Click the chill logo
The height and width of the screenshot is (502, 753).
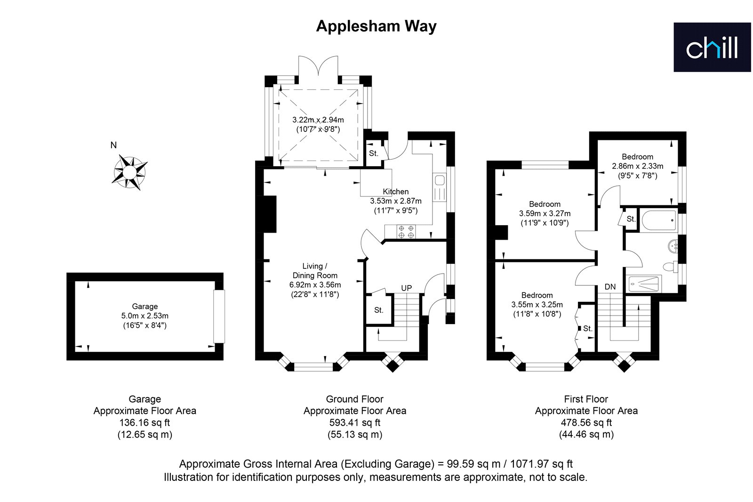(x=712, y=47)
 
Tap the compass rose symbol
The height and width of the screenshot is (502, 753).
(x=129, y=172)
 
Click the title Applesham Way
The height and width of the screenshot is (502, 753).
(x=376, y=26)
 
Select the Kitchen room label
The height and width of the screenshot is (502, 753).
(x=396, y=192)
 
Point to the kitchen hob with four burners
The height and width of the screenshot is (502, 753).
(x=406, y=232)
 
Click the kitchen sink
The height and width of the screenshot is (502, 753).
(x=440, y=187)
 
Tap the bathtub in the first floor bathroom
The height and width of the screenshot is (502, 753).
(x=658, y=220)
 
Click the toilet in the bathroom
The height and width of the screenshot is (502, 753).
(x=671, y=267)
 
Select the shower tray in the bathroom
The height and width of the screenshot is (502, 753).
(x=644, y=283)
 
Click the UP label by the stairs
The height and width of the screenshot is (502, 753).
(x=407, y=288)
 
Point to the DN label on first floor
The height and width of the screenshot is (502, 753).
(x=610, y=287)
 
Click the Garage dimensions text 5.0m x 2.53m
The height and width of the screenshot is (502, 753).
(x=145, y=316)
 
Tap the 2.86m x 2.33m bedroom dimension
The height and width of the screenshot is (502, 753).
(x=637, y=166)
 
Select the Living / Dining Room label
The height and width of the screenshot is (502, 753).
(x=315, y=271)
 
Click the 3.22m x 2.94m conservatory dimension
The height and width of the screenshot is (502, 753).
(x=318, y=120)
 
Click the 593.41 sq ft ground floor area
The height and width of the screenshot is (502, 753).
(x=355, y=422)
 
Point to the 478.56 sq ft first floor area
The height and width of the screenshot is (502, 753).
(x=586, y=422)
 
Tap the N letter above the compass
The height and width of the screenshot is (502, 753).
(x=113, y=145)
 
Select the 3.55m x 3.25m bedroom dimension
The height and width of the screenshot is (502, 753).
(x=537, y=305)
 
